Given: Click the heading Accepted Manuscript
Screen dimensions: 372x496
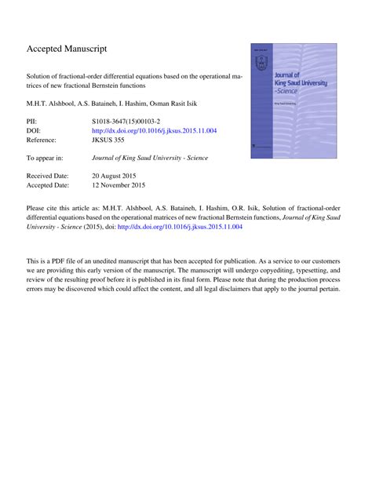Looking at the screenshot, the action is coord(67,49).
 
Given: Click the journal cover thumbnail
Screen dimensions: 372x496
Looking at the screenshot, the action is coord(288,101).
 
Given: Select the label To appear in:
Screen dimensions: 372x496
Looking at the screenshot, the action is coord(46,158).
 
